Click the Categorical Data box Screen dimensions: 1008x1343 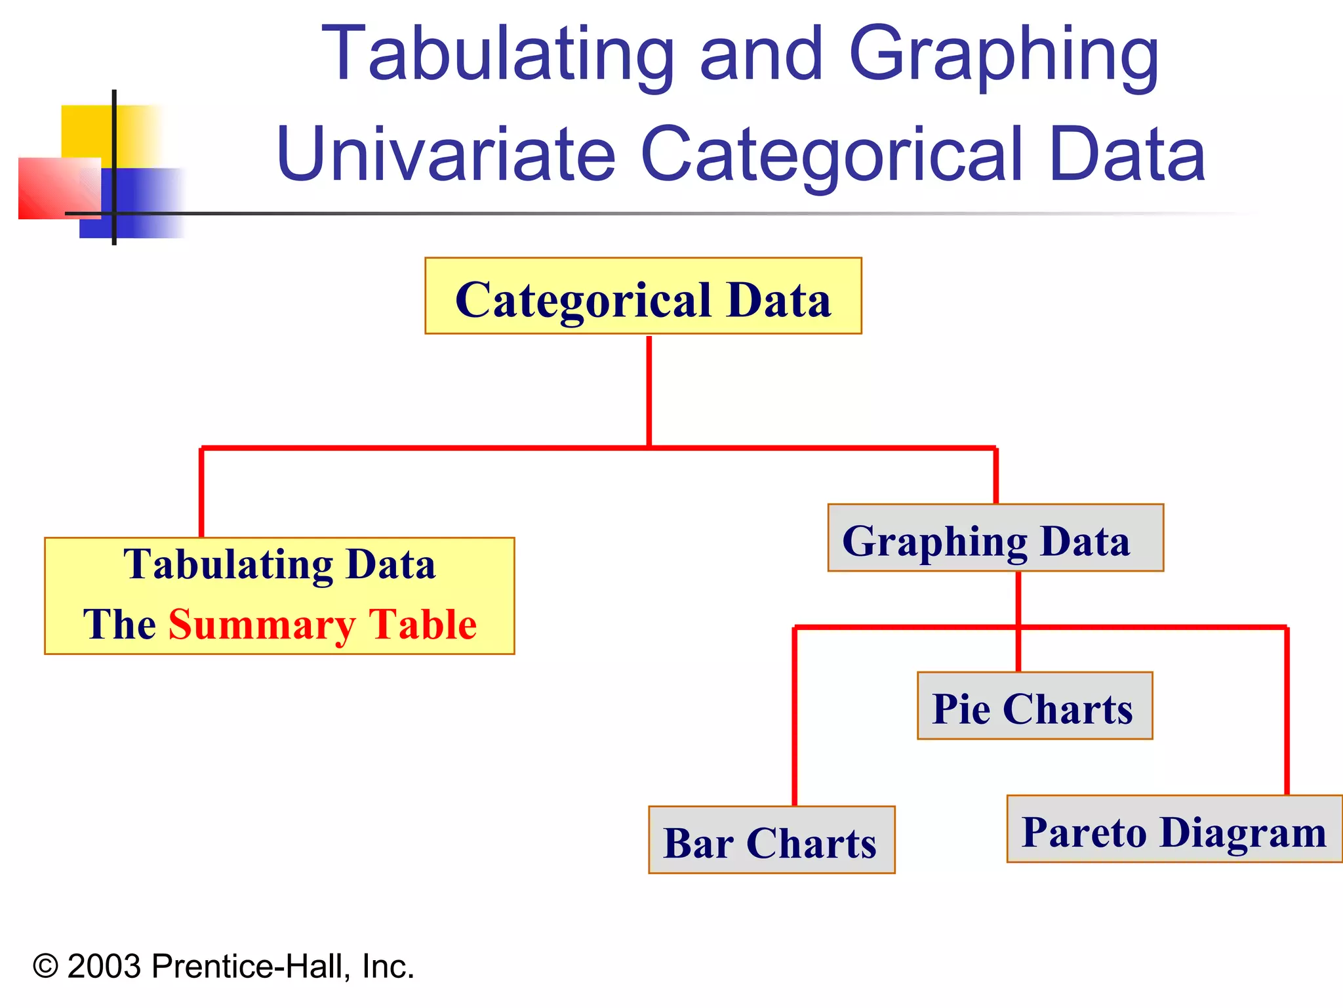pyautogui.click(x=643, y=296)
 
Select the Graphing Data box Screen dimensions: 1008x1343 pyautogui.click(x=995, y=538)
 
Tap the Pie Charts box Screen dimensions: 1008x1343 pyautogui.click(x=1034, y=706)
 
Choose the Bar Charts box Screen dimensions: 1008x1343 pyautogui.click(x=771, y=840)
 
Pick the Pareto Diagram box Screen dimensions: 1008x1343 pyautogui.click(x=1174, y=829)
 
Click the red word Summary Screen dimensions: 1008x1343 pyautogui.click(x=262, y=624)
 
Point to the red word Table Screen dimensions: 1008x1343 pyautogui.click(x=422, y=624)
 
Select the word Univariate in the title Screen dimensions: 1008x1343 pyautogui.click(x=446, y=155)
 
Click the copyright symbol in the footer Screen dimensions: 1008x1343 pyautogui.click(x=45, y=967)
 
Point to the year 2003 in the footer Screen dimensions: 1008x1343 pyautogui.click(x=104, y=967)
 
